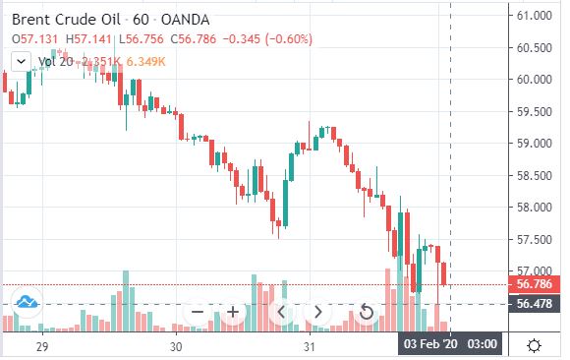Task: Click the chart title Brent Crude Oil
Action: pos(66,20)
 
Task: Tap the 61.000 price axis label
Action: pos(535,16)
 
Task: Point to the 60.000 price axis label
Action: pos(535,79)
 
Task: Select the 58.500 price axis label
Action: pos(535,175)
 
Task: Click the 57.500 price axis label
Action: pos(535,240)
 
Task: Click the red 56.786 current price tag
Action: pos(534,284)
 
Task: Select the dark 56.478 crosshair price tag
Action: pos(534,304)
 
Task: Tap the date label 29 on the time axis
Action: pos(42,346)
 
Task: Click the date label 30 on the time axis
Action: pos(176,346)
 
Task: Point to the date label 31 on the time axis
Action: pos(310,346)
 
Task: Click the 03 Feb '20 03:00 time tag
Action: pos(450,343)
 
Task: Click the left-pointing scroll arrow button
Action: pos(281,312)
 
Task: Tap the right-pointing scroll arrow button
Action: pos(317,312)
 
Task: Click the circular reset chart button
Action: pos(366,312)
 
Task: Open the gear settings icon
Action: pos(534,345)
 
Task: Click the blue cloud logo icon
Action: pos(27,302)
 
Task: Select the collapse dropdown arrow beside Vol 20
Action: pos(21,62)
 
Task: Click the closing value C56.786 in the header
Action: pos(194,39)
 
